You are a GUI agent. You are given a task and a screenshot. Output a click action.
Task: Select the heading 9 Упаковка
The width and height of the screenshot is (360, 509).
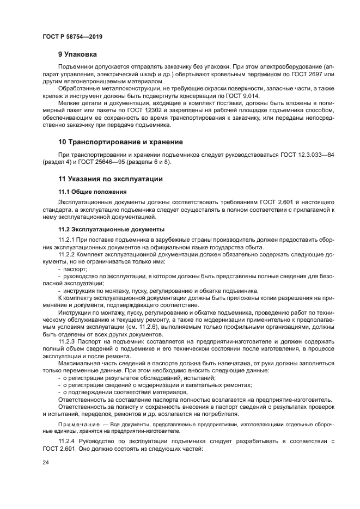pos(77,54)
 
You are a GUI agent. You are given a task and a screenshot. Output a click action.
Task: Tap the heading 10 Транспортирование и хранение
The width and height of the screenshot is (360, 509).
pos(120,142)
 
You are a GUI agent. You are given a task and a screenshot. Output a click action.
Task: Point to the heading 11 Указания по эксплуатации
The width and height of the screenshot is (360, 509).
pos(111,179)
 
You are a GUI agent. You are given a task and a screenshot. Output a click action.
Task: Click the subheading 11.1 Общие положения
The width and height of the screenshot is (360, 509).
pos(93,192)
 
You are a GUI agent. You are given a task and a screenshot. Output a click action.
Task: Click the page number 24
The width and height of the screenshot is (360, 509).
pos(46,462)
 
